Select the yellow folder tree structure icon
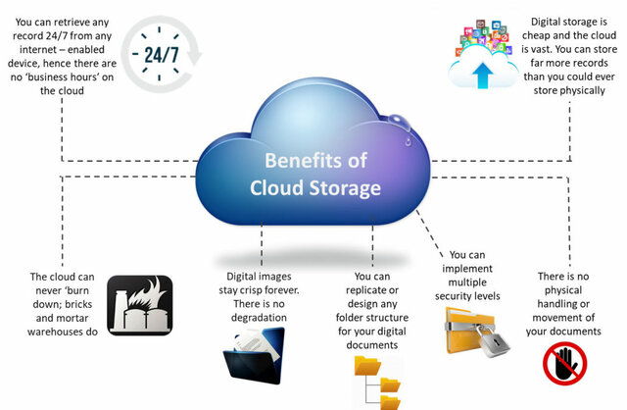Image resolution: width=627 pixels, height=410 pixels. pos(377,383)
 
